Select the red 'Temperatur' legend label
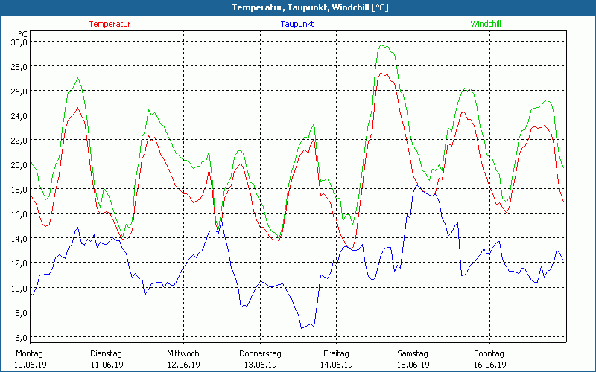point(110,24)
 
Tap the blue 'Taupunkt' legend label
point(297,24)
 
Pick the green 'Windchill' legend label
point(485,24)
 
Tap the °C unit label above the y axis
point(22,33)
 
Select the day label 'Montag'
point(29,353)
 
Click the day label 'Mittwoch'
point(183,353)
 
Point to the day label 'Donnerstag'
point(260,353)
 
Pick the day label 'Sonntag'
point(489,353)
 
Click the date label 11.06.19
point(107,365)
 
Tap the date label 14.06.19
point(336,365)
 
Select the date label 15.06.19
point(413,365)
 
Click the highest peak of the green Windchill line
point(382,45)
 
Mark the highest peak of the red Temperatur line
point(381,72)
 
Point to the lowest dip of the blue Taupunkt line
point(303,328)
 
